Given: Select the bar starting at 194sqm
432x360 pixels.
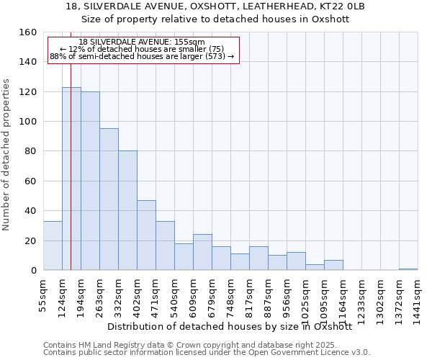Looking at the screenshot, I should click(90, 181).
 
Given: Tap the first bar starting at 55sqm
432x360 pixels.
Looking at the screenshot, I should click(53, 246).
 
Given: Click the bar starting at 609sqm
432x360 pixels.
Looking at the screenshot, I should click(202, 252).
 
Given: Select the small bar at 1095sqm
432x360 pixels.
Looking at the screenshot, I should click(333, 265).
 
